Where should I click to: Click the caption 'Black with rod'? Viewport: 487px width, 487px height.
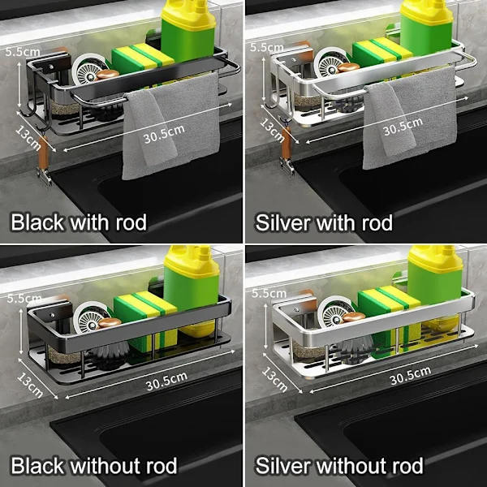(79, 222)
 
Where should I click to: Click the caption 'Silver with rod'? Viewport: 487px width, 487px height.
(324, 222)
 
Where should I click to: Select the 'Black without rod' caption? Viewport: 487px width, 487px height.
(94, 466)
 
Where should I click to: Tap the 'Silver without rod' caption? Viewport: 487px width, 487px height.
(339, 466)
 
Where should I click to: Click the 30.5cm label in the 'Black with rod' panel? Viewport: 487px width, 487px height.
(164, 134)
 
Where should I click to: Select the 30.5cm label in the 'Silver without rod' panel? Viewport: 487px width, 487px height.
(410, 375)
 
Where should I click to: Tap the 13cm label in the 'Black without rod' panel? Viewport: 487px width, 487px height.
(30, 385)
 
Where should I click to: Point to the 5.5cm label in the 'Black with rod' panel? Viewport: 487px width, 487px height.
(23, 52)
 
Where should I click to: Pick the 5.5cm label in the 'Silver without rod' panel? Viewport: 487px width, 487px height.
(269, 294)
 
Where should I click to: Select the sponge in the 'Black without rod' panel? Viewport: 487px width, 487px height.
(145, 320)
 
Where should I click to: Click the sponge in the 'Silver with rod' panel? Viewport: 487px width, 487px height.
(382, 52)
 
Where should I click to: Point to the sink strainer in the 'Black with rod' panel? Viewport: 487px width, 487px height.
(90, 69)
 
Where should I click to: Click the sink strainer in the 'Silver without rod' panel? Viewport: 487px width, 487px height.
(335, 312)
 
